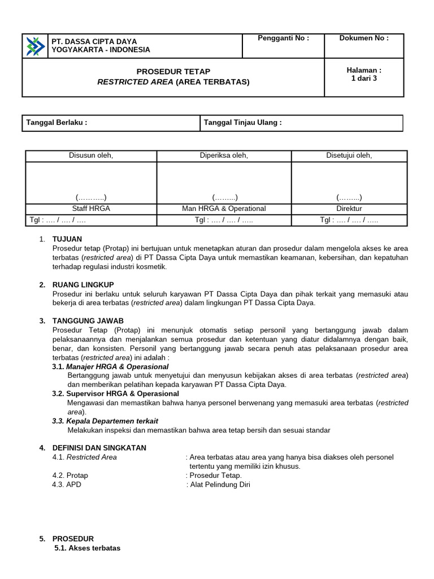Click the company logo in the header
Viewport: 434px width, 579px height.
[36, 46]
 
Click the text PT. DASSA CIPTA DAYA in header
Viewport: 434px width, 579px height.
[94, 41]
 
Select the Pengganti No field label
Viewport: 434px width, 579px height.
[283, 38]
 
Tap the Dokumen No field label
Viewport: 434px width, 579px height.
[363, 38]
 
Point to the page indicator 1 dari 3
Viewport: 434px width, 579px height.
[363, 79]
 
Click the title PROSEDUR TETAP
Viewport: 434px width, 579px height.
[173, 71]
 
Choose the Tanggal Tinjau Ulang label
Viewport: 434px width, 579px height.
[242, 123]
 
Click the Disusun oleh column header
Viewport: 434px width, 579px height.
[90, 156]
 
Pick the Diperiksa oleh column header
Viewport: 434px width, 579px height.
[224, 156]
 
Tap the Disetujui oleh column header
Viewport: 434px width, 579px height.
[349, 156]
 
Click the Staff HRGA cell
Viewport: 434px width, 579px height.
[90, 209]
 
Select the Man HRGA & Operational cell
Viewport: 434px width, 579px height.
[224, 209]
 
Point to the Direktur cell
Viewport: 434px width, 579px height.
[349, 209]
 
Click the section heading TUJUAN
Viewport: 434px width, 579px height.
[67, 239]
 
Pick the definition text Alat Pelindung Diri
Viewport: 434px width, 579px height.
[220, 485]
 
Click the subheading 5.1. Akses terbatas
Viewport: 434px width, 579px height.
[88, 548]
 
